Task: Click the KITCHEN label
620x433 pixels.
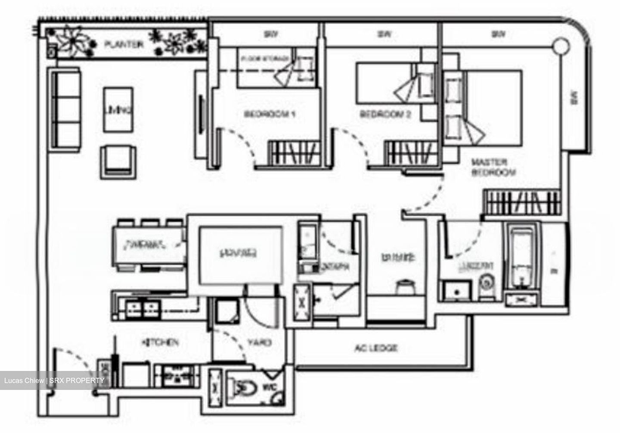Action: click(x=160, y=343)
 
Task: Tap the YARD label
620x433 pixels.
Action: click(x=259, y=343)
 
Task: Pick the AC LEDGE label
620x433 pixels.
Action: click(x=376, y=347)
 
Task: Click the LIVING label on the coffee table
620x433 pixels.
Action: click(x=118, y=110)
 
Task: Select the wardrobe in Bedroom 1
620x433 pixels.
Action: click(x=295, y=153)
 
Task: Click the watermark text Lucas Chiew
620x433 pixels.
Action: click(x=24, y=380)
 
